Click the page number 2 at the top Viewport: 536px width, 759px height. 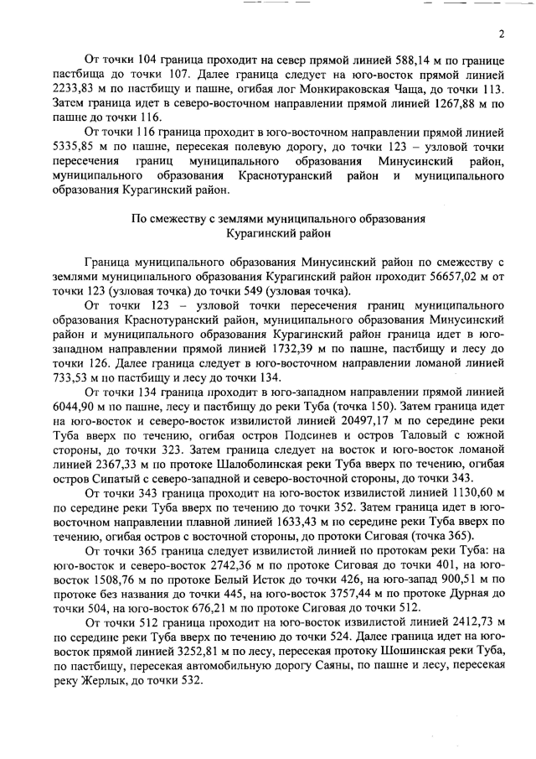(500, 34)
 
